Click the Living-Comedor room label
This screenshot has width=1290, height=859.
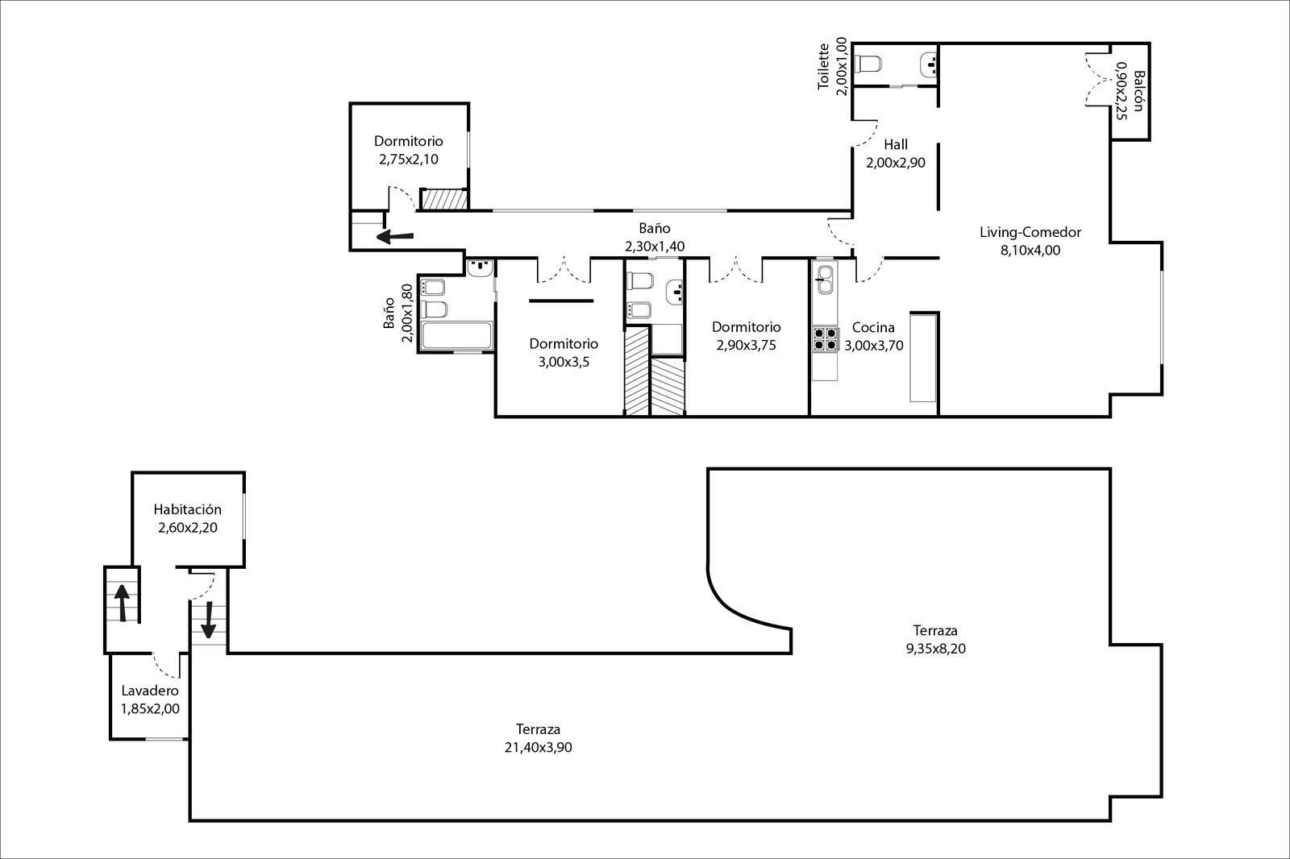click(1030, 232)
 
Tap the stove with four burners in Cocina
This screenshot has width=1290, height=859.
click(825, 339)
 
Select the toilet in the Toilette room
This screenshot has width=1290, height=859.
click(868, 64)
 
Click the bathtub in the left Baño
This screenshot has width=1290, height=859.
click(456, 335)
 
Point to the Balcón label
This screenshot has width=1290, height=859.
click(1138, 91)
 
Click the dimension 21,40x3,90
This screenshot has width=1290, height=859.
click(538, 747)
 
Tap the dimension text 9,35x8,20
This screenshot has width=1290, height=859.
click(936, 649)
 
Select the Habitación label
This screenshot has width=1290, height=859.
click(188, 509)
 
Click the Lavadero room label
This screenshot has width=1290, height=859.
click(150, 691)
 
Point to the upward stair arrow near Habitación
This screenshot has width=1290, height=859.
click(122, 603)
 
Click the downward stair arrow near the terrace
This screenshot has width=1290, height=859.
click(208, 620)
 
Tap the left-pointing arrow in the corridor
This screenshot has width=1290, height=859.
click(394, 236)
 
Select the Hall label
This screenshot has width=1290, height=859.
click(896, 144)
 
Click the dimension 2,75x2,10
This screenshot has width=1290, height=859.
click(408, 159)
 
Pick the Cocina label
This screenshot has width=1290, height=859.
click(873, 327)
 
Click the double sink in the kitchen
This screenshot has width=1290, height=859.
click(826, 280)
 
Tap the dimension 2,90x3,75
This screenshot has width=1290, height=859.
click(747, 345)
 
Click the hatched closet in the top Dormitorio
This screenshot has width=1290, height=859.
click(444, 199)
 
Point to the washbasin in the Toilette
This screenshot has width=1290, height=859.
click(928, 65)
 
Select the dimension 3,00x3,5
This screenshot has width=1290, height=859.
click(564, 362)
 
